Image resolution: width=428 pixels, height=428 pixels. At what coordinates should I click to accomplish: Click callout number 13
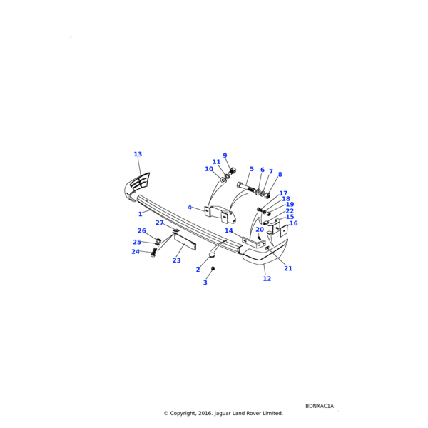pyautogui.click(x=138, y=154)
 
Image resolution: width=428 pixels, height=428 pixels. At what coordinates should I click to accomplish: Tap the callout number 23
pyautogui.click(x=177, y=260)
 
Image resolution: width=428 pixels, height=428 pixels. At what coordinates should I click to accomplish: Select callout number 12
pyautogui.click(x=267, y=279)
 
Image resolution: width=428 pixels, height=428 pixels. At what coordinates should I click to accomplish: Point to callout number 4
pyautogui.click(x=190, y=208)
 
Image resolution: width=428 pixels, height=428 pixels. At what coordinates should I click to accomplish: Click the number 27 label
pyautogui.click(x=159, y=223)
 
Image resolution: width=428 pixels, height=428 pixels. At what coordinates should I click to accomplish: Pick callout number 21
pyautogui.click(x=288, y=269)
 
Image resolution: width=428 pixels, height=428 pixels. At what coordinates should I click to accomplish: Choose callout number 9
pyautogui.click(x=225, y=156)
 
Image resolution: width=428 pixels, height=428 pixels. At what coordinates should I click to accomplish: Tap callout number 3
pyautogui.click(x=205, y=282)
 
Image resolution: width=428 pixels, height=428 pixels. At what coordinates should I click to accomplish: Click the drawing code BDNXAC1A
pyautogui.click(x=320, y=406)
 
